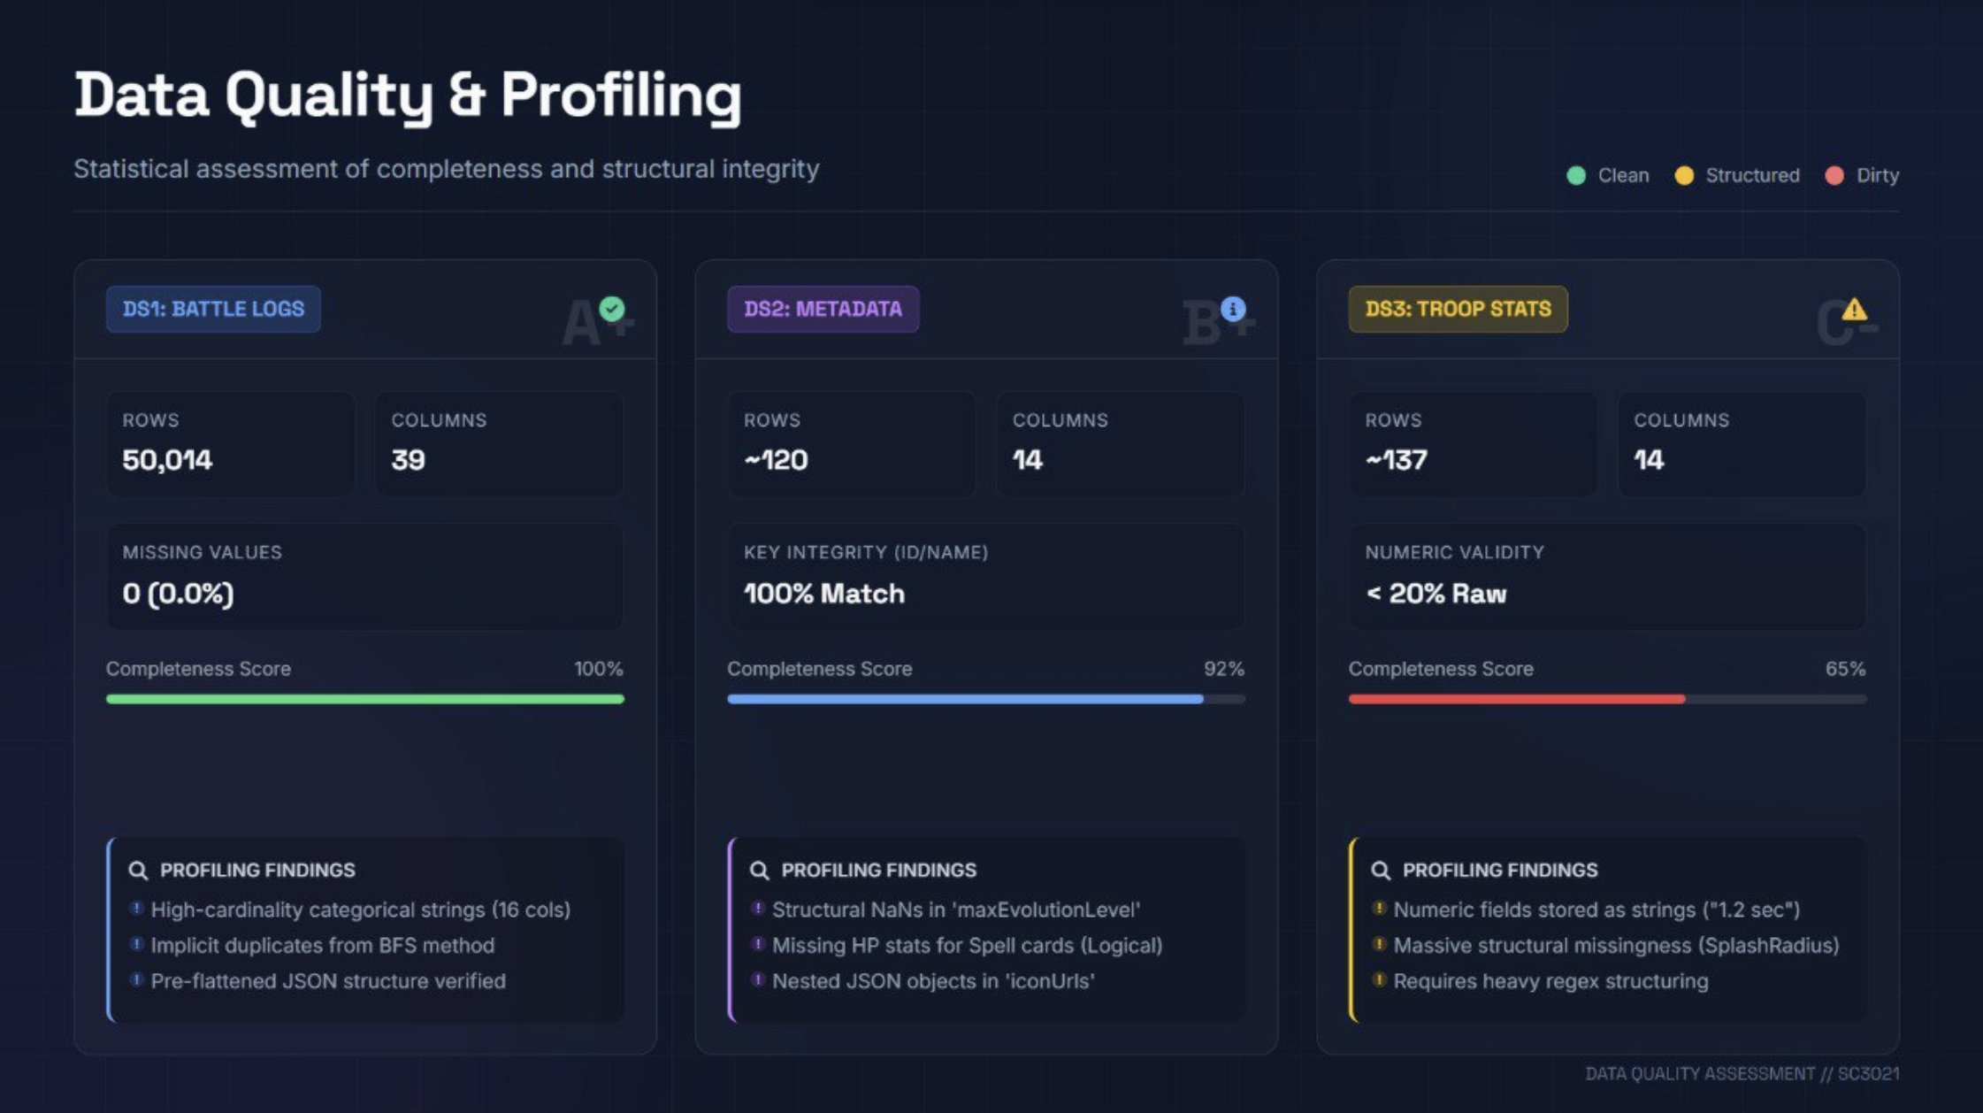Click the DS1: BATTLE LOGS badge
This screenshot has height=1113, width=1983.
coord(213,309)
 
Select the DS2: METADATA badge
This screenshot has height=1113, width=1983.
coord(823,309)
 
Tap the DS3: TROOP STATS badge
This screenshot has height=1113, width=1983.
coord(1458,309)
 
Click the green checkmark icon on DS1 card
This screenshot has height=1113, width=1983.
coord(612,309)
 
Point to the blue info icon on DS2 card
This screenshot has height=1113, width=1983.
coord(1233,309)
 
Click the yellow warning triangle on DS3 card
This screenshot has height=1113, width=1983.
coord(1854,310)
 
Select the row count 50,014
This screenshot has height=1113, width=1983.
coord(167,460)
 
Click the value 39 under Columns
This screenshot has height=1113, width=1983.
coord(409,460)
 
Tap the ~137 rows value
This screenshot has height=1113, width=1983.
coord(1396,460)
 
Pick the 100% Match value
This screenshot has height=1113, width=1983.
coord(824,594)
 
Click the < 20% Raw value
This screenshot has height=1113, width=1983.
coord(1436,594)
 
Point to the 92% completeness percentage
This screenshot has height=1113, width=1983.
coord(1223,669)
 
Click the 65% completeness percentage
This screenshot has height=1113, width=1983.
coord(1845,669)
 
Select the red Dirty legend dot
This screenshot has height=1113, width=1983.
coord(1834,175)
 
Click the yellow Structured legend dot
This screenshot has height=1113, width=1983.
coord(1684,175)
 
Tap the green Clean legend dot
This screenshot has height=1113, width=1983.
coord(1576,175)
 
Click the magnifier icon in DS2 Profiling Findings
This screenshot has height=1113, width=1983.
coord(759,871)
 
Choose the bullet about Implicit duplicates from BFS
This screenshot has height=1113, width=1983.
coord(322,946)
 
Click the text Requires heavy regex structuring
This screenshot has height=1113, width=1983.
coord(1550,981)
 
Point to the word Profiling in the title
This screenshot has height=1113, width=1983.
coord(621,96)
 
